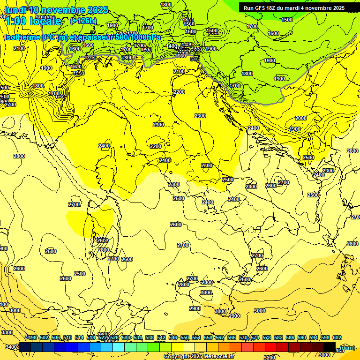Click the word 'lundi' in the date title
(x=15, y=10)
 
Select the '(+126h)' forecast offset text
(x=83, y=21)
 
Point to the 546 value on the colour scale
(x=173, y=338)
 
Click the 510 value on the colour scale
(x=67, y=338)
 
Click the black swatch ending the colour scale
(x=330, y=347)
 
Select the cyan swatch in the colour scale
(x=119, y=347)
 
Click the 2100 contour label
(x=19, y=48)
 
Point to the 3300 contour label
(x=7, y=332)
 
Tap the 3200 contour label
(x=270, y=357)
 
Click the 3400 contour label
(x=9, y=347)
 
